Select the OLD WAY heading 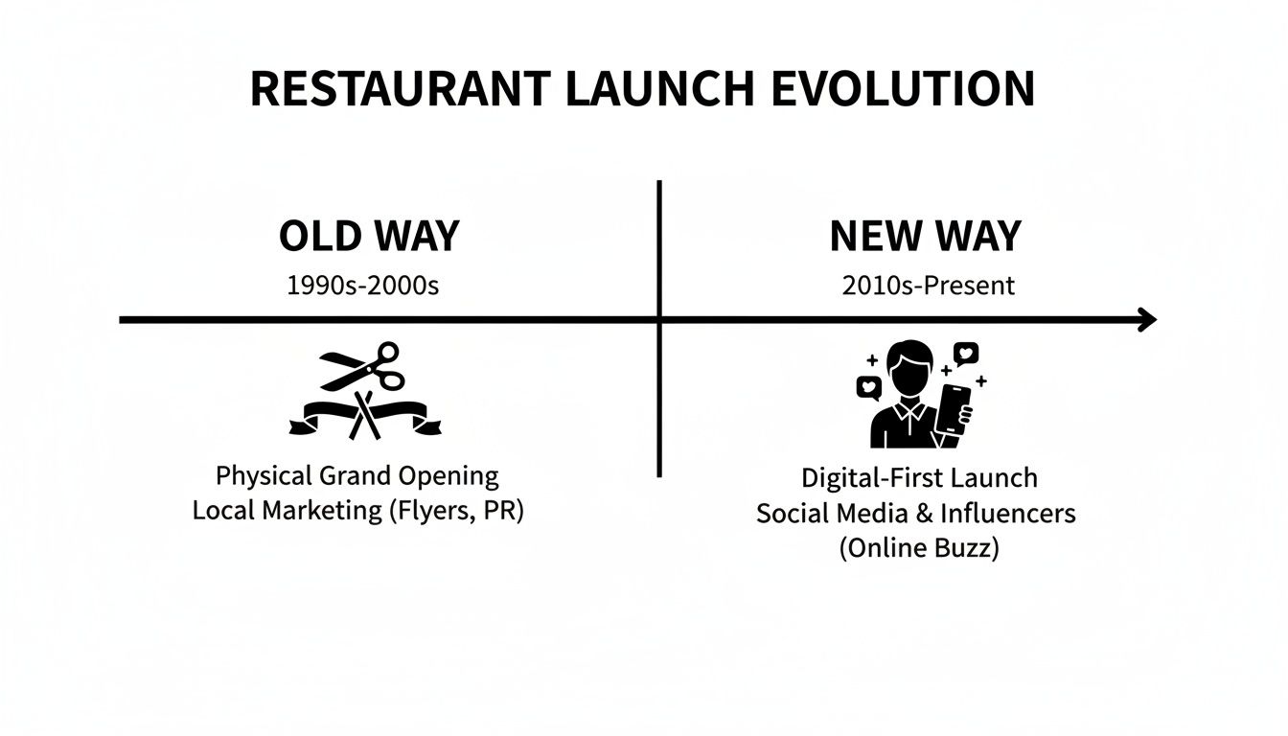(x=369, y=236)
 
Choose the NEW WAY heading (x=925, y=236)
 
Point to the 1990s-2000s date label (x=362, y=285)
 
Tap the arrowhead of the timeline (x=1145, y=320)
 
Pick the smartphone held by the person (x=955, y=410)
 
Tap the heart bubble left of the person (x=868, y=388)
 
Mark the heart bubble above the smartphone (x=965, y=355)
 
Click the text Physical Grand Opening (x=357, y=475)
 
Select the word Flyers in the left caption (x=425, y=510)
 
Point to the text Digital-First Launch (x=918, y=477)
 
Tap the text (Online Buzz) (x=918, y=549)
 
